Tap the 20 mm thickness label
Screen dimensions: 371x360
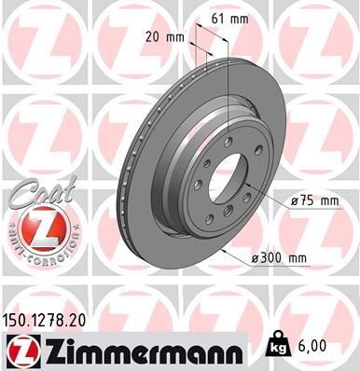point(165,38)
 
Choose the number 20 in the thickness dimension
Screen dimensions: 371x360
point(156,38)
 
